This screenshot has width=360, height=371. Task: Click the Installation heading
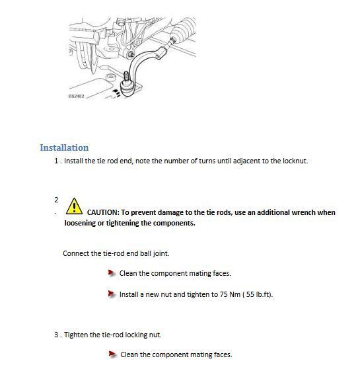pyautogui.click(x=64, y=147)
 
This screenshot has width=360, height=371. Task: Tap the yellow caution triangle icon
pyautogui.click(x=74, y=206)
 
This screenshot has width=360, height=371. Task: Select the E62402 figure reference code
pyautogui.click(x=77, y=96)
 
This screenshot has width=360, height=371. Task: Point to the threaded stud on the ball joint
pyautogui.click(x=126, y=77)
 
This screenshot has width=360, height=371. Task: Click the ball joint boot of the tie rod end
pyautogui.click(x=127, y=88)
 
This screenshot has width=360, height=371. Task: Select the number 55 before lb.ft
pyautogui.click(x=250, y=294)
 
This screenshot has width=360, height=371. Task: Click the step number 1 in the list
pyautogui.click(x=56, y=161)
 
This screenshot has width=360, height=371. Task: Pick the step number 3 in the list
pyautogui.click(x=56, y=335)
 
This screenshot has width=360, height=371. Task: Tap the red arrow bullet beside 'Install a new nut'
pyautogui.click(x=112, y=294)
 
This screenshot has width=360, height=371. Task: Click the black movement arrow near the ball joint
pyautogui.click(x=116, y=93)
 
